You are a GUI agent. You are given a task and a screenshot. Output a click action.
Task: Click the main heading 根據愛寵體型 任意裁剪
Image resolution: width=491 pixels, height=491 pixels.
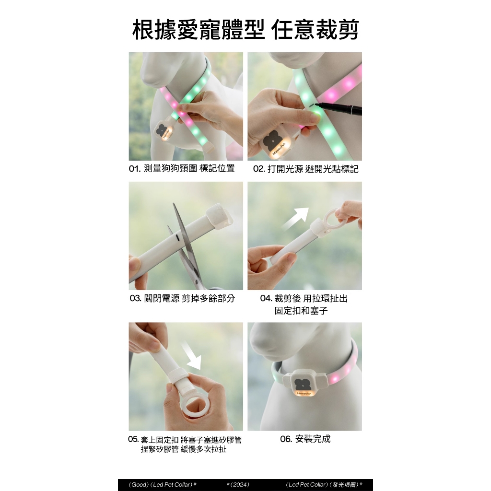[245, 30]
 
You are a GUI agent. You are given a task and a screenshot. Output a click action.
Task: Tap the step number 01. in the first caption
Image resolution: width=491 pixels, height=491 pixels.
[134, 169]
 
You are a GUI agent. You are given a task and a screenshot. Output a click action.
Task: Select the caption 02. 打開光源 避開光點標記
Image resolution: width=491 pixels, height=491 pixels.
[305, 169]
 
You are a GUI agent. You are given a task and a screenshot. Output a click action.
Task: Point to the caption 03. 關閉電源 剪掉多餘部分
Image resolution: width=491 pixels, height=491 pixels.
[182, 298]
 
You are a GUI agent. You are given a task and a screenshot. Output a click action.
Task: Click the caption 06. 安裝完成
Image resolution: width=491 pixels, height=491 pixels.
[305, 439]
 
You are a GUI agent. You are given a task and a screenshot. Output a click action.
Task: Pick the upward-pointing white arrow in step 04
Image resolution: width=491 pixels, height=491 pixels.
[295, 219]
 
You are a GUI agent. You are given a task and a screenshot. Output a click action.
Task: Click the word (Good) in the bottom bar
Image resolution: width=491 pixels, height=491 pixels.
[139, 484]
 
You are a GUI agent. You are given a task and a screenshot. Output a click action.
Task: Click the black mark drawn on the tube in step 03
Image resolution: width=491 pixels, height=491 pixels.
[178, 238]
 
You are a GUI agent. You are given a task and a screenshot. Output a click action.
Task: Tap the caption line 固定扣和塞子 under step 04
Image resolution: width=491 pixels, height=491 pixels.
[301, 311]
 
